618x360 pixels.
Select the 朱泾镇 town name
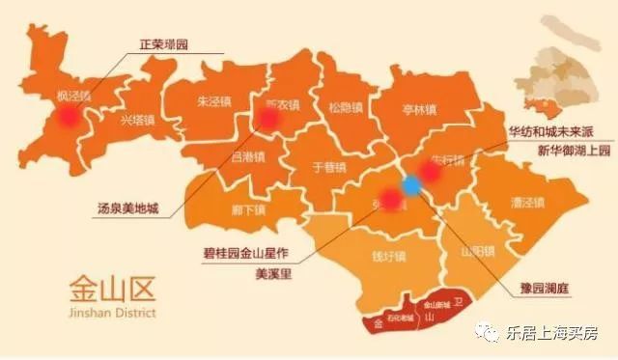[x=212, y=100]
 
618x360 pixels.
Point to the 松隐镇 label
[x=344, y=106]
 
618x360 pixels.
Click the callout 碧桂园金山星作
[x=237, y=256]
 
